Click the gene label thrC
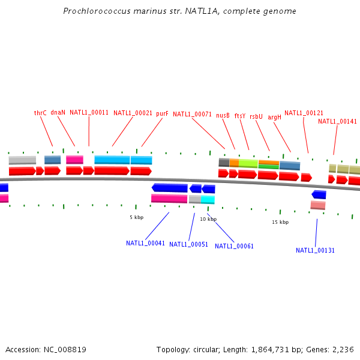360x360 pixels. (x=40, y=113)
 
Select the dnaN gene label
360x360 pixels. (x=58, y=112)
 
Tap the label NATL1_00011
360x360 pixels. (x=89, y=112)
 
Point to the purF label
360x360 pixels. (x=162, y=113)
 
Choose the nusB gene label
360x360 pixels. (x=223, y=115)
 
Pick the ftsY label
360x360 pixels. (x=240, y=116)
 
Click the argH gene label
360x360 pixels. (x=274, y=118)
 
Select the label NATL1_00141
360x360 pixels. (x=337, y=121)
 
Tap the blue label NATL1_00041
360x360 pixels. (x=145, y=243)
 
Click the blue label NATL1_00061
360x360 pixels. (x=234, y=246)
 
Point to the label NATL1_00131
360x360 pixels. (x=316, y=250)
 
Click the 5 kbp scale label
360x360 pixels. (x=137, y=217)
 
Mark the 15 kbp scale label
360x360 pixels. (x=280, y=222)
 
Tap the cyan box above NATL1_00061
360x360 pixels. (x=208, y=199)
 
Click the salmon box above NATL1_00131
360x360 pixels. (x=318, y=205)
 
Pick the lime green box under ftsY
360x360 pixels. (x=248, y=163)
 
